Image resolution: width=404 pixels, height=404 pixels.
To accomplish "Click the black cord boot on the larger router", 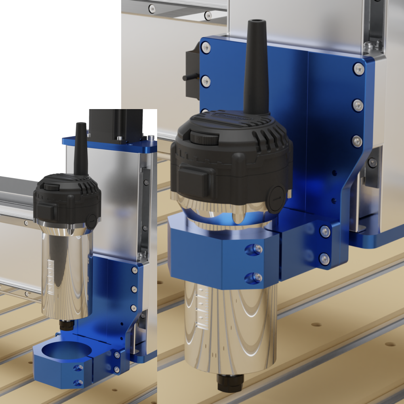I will coord(255,69).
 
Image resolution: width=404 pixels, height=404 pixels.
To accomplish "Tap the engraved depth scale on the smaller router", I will coord(50,277).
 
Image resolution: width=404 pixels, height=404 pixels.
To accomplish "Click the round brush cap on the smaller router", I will coord(92,221).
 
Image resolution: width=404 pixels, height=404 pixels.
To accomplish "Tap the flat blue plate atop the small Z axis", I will coord(109,143).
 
